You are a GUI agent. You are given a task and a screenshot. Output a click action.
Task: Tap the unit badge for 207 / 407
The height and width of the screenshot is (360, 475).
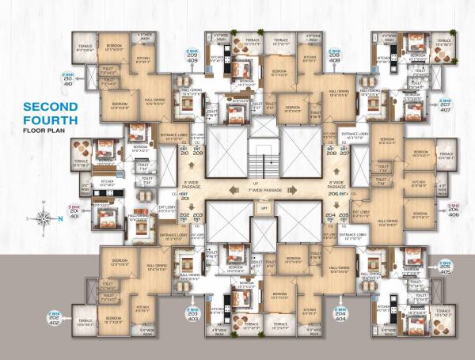point(445,105)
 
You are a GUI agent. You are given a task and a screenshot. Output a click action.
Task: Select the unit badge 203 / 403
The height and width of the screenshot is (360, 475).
point(192,315)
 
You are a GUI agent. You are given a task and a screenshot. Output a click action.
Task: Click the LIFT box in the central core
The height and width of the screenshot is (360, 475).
point(264,207)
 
